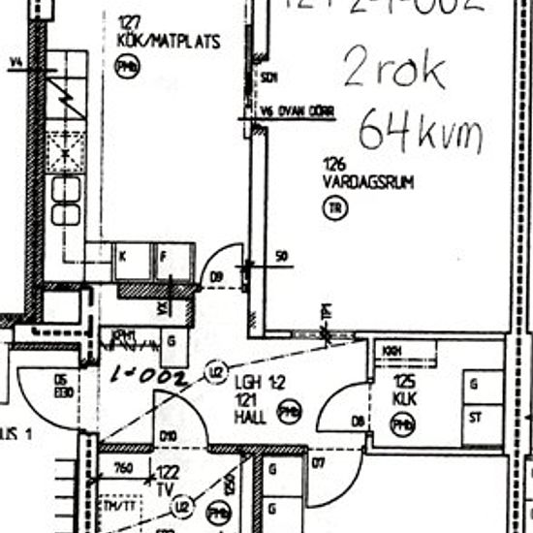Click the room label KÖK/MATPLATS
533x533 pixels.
tap(169, 43)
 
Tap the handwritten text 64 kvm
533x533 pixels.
tap(419, 130)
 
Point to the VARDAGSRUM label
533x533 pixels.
tap(368, 181)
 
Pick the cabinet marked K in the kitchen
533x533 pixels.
tap(123, 257)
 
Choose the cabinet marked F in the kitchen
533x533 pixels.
tap(163, 257)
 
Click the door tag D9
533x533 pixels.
tap(217, 278)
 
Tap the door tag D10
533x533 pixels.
tap(168, 435)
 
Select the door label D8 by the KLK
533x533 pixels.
tap(359, 421)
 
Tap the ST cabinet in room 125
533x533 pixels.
tap(476, 419)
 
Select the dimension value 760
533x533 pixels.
tap(122, 470)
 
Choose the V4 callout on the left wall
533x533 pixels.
tap(15, 66)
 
